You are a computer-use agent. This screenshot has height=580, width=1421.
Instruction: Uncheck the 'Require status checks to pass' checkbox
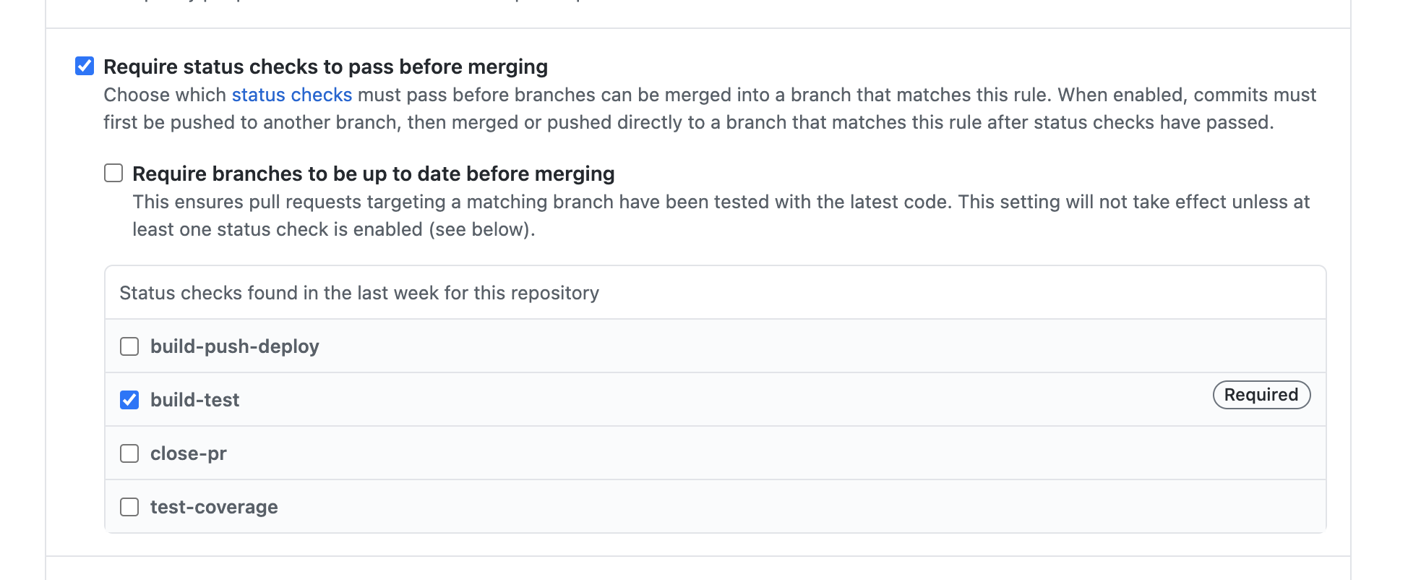(85, 67)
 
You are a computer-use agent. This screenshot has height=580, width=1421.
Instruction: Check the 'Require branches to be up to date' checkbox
(113, 174)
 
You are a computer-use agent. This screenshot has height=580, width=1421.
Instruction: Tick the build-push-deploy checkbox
(129, 346)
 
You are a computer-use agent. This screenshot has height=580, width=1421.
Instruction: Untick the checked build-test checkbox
(129, 400)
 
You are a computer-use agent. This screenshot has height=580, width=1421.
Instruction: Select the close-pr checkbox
(129, 453)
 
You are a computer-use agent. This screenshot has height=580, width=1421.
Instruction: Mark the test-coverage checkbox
(129, 507)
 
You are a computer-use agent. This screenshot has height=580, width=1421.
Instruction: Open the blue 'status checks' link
(291, 95)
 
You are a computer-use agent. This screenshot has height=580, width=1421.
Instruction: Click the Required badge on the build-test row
(1261, 395)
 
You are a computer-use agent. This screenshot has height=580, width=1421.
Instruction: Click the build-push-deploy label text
(234, 346)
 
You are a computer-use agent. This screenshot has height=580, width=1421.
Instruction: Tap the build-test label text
(194, 400)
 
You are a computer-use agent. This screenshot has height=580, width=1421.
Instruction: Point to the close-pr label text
(188, 453)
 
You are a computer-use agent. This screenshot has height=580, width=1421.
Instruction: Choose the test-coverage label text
(214, 507)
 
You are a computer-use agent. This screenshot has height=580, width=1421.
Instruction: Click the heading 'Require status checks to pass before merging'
(325, 67)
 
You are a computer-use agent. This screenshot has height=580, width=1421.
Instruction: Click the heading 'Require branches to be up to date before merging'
(373, 174)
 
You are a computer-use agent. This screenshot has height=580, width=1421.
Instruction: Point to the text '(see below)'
(481, 229)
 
